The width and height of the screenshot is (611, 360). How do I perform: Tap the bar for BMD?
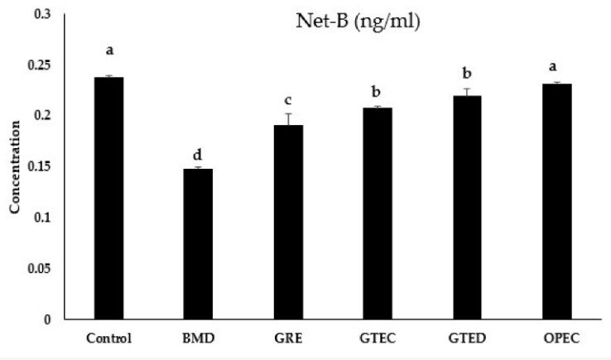199,243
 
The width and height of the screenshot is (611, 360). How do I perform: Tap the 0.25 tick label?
38,65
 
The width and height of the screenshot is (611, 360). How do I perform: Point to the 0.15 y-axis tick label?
38,167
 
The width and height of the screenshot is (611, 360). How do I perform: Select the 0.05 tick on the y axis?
38,268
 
